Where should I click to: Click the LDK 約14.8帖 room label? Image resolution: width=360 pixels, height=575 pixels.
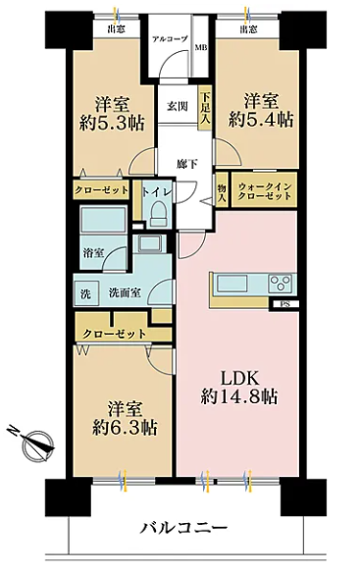coord(238,388)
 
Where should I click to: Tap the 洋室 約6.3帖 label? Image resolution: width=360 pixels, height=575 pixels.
coord(125,418)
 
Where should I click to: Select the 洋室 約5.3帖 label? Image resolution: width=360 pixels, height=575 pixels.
coord(112,114)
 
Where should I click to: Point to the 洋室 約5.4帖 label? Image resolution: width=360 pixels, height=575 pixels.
coord(261,110)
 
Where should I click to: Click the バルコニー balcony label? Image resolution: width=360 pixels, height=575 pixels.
coord(184,529)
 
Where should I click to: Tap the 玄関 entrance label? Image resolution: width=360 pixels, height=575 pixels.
coord(178,106)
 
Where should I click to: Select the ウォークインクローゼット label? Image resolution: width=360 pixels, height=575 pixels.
coord(265,191)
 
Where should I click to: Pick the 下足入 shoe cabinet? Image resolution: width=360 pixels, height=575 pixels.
coord(205,108)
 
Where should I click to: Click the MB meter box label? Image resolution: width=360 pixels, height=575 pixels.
coord(201,47)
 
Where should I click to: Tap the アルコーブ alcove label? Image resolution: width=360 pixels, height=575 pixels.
coord(170,39)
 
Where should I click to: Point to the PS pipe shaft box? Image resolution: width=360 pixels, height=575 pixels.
coord(284,304)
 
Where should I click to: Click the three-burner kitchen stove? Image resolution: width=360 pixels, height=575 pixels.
coord(282,284)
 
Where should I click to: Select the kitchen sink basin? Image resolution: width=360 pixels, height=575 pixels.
coord(232,283)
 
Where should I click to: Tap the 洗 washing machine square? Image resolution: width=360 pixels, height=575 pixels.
coord(85,293)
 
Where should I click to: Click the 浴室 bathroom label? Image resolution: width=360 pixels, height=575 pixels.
coord(93,252)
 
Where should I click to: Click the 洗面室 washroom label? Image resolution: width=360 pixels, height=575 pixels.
coord(125,292)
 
